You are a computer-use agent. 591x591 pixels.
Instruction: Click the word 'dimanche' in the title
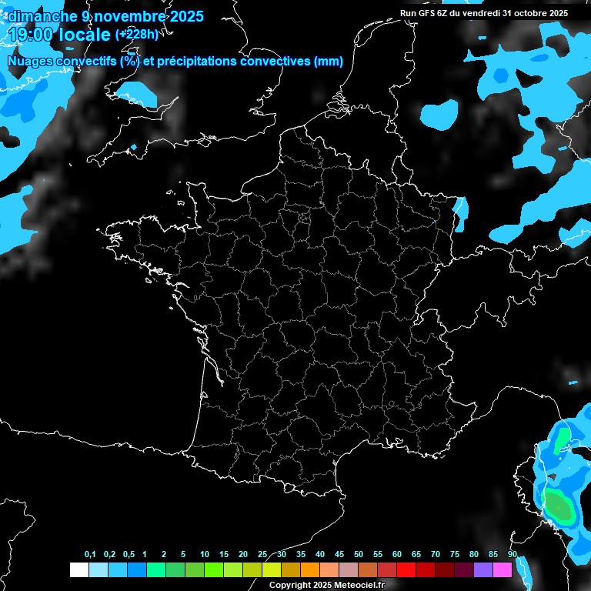[x=39, y=16]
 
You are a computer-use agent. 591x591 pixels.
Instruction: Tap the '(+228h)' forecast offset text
[x=136, y=34]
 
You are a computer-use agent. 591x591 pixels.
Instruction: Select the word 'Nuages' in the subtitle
[x=30, y=62]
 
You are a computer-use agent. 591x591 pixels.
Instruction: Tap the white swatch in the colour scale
[x=78, y=569]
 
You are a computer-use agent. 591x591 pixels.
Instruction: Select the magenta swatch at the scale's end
[x=503, y=569]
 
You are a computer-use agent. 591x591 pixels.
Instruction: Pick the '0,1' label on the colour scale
[x=90, y=554]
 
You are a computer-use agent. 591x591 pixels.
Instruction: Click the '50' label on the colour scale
[x=359, y=554]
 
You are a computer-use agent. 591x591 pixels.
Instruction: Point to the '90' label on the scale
[x=512, y=554]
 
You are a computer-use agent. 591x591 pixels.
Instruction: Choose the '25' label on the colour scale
[x=262, y=554]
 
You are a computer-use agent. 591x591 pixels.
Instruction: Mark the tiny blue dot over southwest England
[x=134, y=146]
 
